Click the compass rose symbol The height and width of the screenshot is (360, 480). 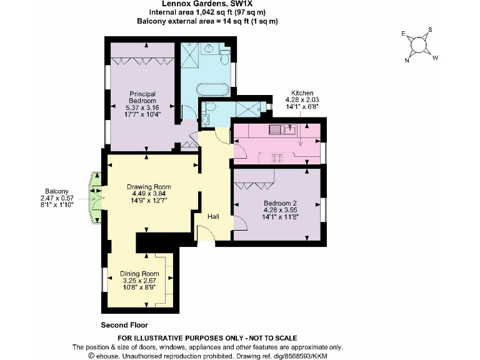point(419,45)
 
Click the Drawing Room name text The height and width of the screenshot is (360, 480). point(149,187)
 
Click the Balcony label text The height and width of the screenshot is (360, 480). point(56,191)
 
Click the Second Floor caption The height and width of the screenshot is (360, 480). point(124,326)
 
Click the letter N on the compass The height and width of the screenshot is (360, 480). point(407,60)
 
